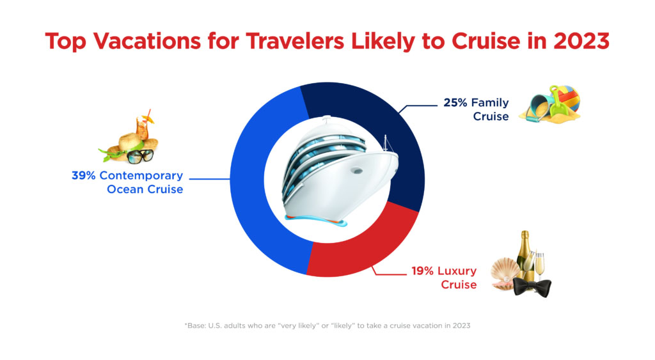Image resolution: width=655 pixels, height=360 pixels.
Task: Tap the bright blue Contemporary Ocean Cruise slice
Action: point(259,180)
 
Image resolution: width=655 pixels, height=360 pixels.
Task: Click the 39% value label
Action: point(84,175)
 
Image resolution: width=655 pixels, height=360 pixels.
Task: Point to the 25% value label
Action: point(455,103)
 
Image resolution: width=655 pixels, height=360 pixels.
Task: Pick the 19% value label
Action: point(423,271)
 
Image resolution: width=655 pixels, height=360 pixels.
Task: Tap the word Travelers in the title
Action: point(295,41)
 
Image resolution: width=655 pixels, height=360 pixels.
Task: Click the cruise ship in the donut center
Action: point(338,171)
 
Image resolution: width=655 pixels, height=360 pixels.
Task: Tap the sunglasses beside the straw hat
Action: point(140,157)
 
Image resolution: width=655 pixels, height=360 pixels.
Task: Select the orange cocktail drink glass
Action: point(143,127)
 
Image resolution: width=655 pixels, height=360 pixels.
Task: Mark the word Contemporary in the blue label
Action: point(141,176)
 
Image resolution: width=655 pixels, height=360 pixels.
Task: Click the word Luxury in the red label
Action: point(457,272)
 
